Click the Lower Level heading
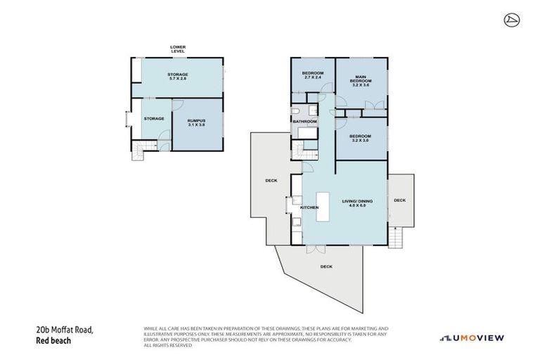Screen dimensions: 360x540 (177, 49)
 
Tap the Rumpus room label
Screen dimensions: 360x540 (196, 122)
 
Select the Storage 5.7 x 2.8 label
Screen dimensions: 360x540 (177, 76)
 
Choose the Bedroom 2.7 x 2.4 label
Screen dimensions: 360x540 (312, 75)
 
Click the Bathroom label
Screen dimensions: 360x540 (305, 122)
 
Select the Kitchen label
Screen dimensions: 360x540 (310, 208)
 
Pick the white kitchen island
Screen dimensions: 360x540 (324, 208)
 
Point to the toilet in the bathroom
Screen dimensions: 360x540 (298, 111)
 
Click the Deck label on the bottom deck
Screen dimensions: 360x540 (326, 266)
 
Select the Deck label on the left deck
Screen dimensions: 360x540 (271, 181)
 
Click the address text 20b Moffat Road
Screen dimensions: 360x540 (64, 330)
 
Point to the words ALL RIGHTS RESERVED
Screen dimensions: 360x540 (169, 345)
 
